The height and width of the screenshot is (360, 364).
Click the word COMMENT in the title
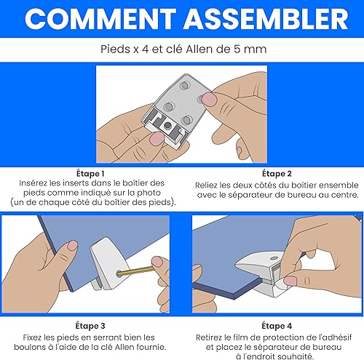tap(100, 19)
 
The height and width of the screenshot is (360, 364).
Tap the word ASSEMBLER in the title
tap(266, 19)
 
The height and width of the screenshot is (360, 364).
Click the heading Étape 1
tap(90, 174)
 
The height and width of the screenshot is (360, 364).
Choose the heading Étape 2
tap(277, 174)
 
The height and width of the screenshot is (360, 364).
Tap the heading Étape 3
tap(90, 326)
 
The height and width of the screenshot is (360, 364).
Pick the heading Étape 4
tap(277, 326)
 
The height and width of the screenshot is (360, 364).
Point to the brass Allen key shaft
tap(135, 271)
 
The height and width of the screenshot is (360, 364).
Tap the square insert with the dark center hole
tap(167, 125)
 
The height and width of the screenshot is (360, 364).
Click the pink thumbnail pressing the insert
tap(157, 139)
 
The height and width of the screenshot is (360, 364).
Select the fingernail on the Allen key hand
tap(157, 262)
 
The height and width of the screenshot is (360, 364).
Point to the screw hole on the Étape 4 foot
tap(274, 258)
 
